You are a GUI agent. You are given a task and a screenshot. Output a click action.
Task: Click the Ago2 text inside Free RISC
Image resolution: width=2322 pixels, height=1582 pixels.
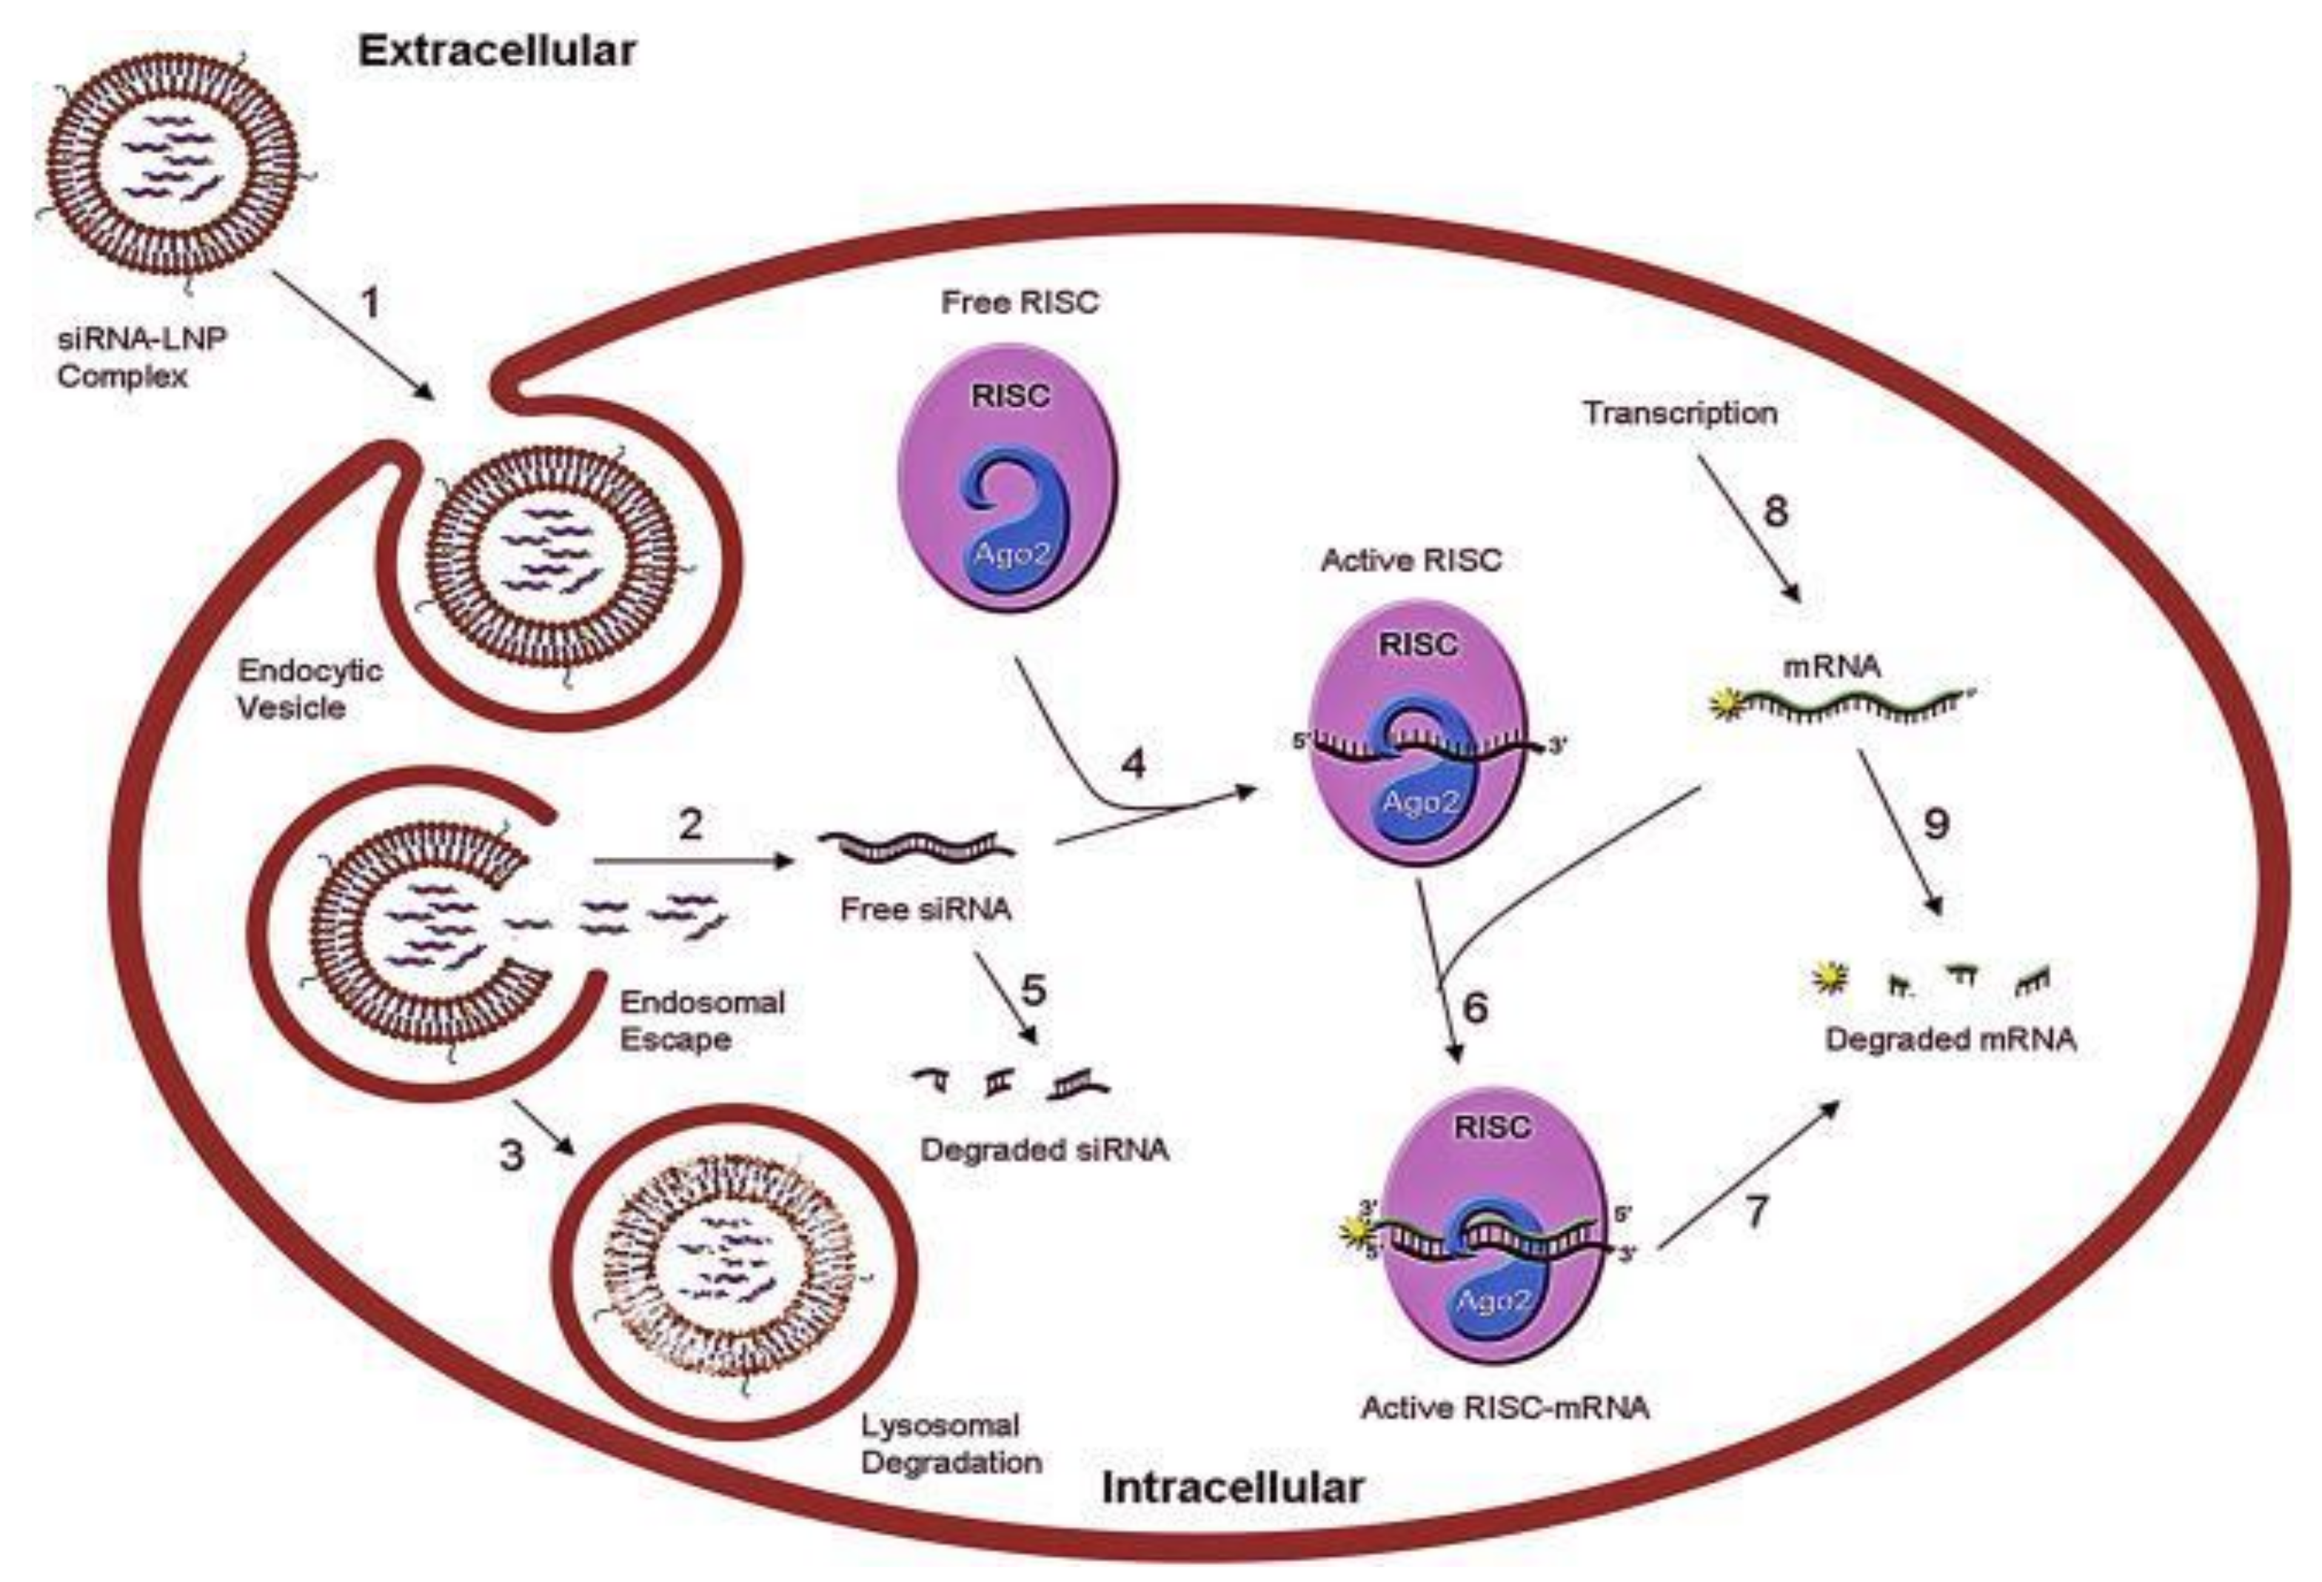[1012, 553]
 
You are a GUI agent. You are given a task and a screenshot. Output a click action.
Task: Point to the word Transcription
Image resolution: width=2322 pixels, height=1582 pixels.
[1679, 413]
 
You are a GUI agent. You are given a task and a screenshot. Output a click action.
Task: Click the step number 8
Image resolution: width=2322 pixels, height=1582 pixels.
[1775, 512]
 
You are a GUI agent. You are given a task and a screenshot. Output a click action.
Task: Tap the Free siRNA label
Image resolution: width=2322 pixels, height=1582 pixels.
[926, 909]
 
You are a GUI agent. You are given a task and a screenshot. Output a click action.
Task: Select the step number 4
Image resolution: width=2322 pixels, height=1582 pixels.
[1132, 764]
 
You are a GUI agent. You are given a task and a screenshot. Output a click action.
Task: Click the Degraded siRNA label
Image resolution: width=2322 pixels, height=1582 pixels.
[1044, 1149]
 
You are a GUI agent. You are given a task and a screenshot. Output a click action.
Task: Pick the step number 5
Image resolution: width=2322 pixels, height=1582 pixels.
[1033, 990]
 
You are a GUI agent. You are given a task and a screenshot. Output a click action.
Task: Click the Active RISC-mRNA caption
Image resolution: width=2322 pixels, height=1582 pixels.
[1505, 1407]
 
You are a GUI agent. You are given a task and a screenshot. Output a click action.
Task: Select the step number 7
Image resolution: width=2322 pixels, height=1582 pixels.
[1756, 1211]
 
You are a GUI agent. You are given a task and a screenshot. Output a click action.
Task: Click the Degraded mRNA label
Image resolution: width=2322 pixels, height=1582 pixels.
[1950, 1039]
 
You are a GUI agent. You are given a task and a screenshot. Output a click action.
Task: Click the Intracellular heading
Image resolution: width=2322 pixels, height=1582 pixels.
[1232, 1488]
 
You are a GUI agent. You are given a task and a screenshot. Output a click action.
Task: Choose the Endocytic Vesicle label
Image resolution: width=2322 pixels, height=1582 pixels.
[310, 689]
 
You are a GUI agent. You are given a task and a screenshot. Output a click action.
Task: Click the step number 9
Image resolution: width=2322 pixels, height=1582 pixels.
[1935, 824]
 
